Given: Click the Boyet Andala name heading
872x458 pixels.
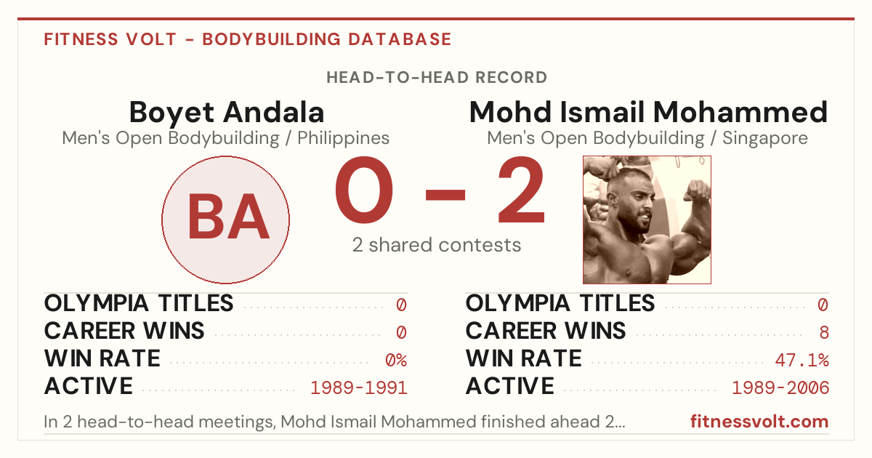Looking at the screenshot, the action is point(227,112).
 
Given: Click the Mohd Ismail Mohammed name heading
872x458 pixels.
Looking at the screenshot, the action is point(648,112).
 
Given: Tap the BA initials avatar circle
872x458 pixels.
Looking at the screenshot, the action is point(226,220).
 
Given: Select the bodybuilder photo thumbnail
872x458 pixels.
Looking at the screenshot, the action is point(647,220).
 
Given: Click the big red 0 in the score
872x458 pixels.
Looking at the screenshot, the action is point(364,189).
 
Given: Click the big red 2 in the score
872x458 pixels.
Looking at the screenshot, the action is point(521,189).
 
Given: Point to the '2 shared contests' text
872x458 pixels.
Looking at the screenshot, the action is point(437,245).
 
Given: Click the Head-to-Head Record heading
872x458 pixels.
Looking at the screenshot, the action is point(437,78).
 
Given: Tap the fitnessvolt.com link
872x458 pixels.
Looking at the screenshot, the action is point(759,422).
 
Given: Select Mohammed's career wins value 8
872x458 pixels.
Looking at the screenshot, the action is point(824,333).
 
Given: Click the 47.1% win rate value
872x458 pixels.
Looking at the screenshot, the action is point(802,361).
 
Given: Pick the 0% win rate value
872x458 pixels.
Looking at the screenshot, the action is point(396,361).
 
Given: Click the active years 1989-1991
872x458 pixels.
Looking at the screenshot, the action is point(358,388).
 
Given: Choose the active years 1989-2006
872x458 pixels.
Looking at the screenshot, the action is point(780,388).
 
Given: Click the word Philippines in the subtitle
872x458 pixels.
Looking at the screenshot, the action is point(343,138).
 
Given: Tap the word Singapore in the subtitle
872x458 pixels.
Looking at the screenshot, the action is point(765,138).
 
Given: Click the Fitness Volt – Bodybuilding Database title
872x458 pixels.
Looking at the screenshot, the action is point(248,39).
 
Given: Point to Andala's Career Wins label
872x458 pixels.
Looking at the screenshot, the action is point(124,331).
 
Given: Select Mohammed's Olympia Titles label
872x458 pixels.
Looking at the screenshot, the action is point(560,303).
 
